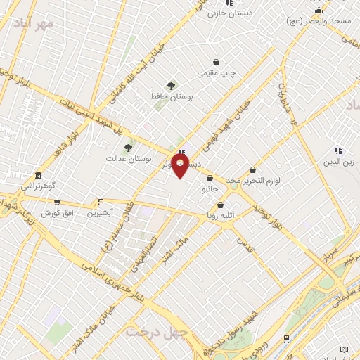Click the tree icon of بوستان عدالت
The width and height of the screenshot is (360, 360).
(x=127, y=148)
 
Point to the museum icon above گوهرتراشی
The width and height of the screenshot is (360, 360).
(x=37, y=174)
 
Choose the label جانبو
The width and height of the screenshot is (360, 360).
(x=210, y=189)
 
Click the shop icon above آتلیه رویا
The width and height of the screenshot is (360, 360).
(x=221, y=205)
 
